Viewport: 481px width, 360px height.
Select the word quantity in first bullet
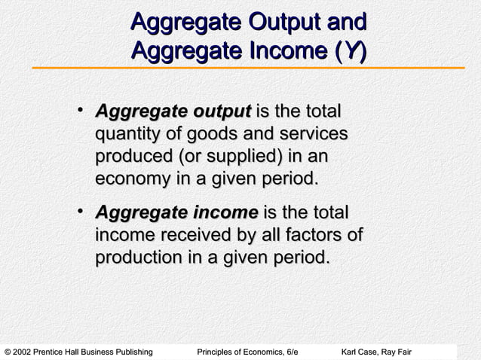coord(128,136)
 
